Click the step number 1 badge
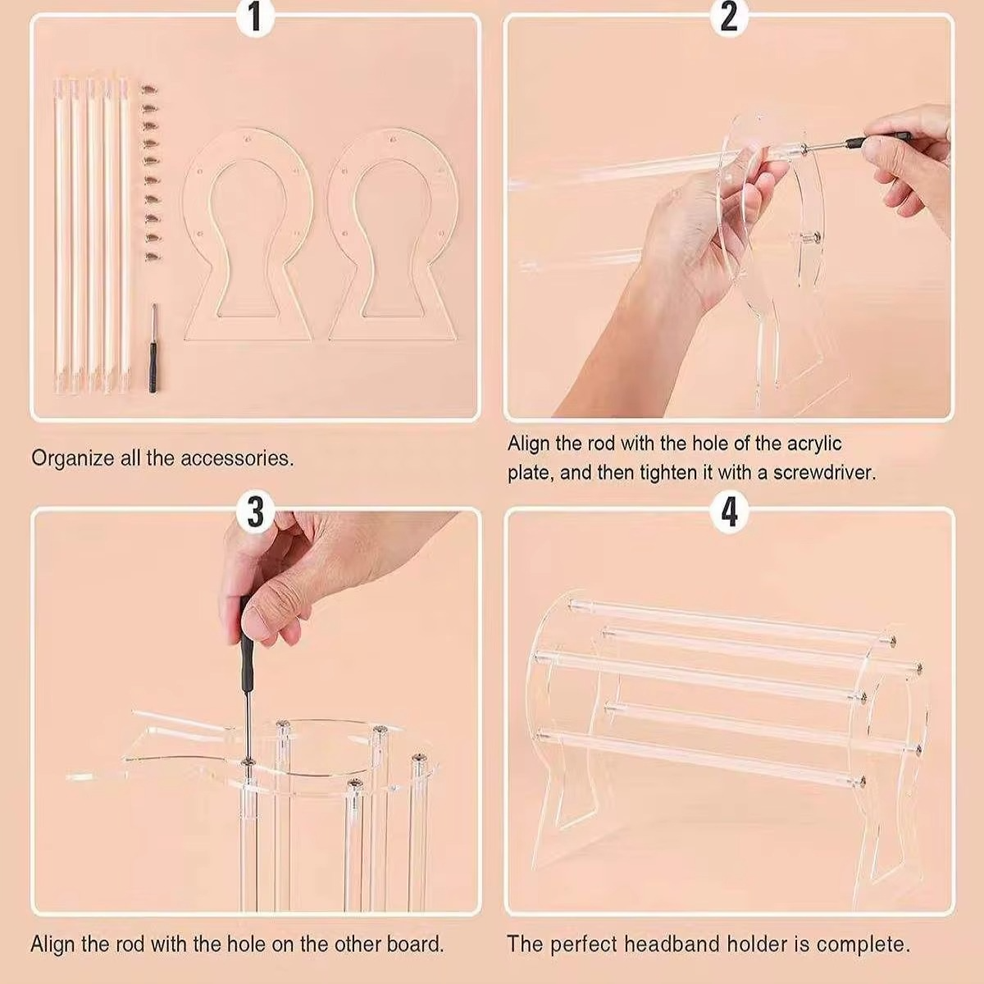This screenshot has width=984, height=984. [255, 17]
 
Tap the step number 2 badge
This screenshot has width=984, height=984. [729, 17]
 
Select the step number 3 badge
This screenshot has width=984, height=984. [255, 512]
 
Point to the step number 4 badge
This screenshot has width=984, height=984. [729, 512]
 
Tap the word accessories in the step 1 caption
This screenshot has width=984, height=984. [237, 458]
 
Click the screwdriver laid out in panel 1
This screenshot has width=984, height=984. [153, 348]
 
